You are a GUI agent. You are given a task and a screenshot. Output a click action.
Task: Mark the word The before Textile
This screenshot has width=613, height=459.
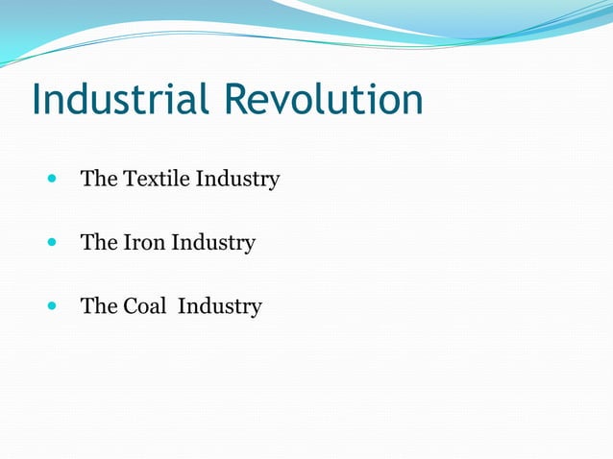(x=99, y=179)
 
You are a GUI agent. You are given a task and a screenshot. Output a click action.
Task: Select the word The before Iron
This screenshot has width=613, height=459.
(x=99, y=243)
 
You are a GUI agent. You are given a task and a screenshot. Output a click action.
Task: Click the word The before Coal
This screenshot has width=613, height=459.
(x=99, y=306)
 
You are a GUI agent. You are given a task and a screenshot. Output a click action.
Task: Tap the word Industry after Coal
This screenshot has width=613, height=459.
(x=220, y=307)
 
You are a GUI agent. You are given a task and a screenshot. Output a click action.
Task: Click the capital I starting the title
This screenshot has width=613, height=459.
(x=37, y=100)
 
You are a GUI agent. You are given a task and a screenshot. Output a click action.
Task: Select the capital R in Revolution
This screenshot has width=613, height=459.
(x=237, y=100)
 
